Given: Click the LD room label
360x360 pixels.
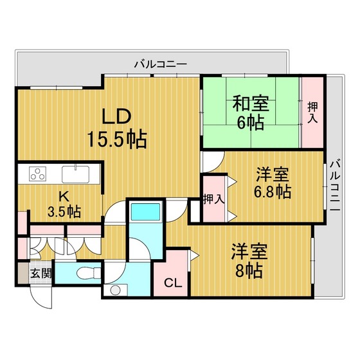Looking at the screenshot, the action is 116,116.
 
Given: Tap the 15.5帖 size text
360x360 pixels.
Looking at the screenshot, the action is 117,139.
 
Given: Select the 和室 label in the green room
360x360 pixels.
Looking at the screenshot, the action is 251,104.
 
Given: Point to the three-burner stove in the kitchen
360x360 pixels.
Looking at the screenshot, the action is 38,173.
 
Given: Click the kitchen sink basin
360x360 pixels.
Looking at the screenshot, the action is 76,174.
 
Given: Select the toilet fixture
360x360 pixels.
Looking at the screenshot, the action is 88,274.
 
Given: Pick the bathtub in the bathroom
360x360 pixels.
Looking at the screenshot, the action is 145,212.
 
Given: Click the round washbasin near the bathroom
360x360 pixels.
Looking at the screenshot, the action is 115,291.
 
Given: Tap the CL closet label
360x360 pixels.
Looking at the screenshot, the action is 173,283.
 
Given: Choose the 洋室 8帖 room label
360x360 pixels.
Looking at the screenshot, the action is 249,260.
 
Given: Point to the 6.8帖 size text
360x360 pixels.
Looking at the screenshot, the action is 273,192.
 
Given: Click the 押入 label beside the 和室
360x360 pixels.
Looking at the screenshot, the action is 312,113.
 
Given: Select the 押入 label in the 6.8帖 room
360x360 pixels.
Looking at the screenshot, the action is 213,199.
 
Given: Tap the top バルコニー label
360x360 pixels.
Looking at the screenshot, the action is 161,64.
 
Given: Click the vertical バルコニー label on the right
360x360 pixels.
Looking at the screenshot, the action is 335,185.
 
